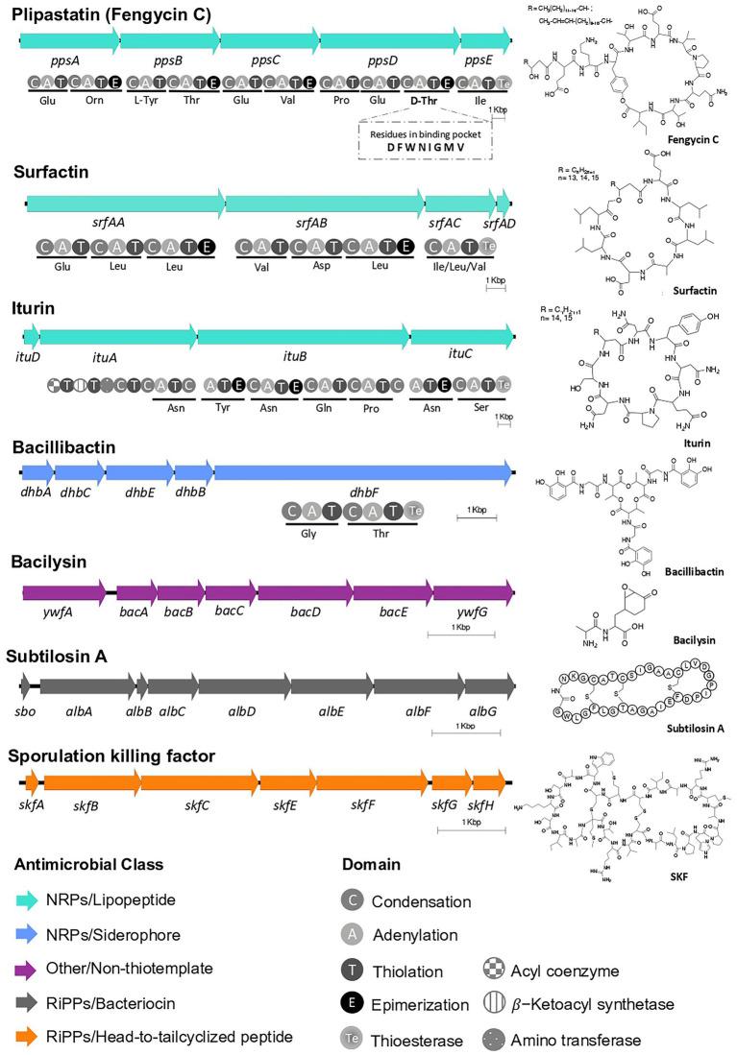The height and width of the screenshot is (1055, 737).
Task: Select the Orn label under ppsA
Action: (99, 99)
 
